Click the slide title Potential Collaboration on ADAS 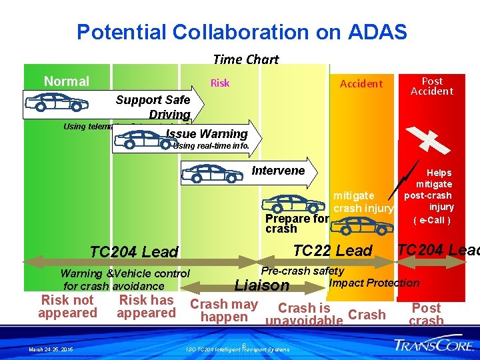(241, 31)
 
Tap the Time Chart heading (245, 59)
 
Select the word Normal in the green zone (66, 81)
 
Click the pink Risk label (220, 83)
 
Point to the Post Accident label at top (432, 86)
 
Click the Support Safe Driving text (153, 107)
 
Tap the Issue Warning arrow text (207, 134)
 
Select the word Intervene (278, 171)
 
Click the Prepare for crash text (297, 223)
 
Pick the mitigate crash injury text (363, 202)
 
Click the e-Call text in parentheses (432, 220)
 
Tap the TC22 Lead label (333, 251)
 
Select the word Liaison (263, 285)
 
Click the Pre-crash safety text (303, 271)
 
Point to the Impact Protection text (374, 283)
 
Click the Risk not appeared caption (67, 307)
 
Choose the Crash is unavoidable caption (304, 315)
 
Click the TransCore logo (433, 345)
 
